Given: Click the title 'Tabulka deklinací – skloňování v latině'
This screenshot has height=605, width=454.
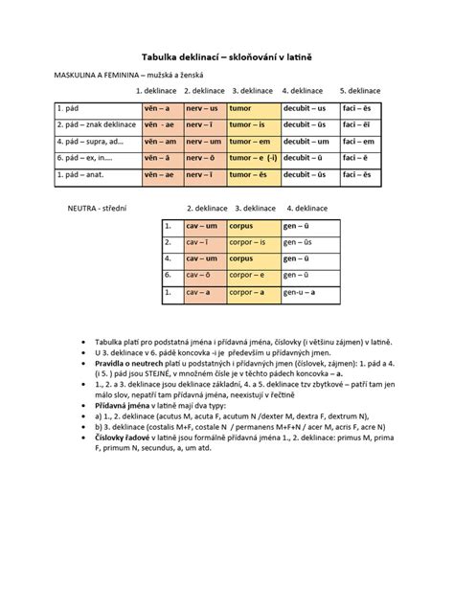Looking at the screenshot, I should (227, 58).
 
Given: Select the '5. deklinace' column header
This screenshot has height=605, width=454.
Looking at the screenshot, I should (359, 91).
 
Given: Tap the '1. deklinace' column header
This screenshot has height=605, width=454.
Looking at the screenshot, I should (155, 91).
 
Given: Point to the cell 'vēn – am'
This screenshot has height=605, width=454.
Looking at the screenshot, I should (155, 142).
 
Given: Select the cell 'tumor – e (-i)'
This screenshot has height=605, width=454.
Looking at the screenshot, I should (253, 158).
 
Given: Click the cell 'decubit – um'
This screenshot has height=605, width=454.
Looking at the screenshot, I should (308, 142).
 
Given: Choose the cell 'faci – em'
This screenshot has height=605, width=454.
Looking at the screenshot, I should (361, 142).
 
